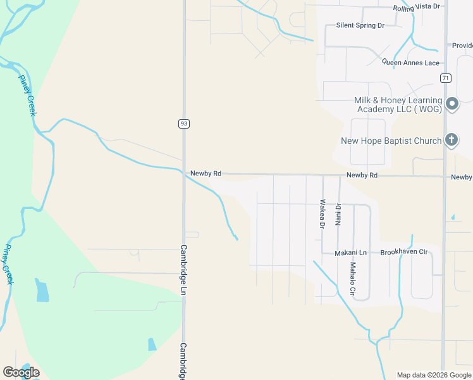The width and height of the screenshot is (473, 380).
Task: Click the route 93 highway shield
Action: click(183, 123)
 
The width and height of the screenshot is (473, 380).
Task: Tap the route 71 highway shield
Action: click(446, 78)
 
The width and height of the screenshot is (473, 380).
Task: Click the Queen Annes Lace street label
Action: click(410, 62)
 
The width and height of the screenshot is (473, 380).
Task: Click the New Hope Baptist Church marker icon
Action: click(451, 140)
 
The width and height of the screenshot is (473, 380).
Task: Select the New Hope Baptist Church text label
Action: click(391, 141)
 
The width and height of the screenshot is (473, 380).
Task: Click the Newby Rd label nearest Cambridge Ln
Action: click(206, 174)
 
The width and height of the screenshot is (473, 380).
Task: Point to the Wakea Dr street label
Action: click(322, 214)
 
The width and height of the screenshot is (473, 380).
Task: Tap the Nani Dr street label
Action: click(338, 214)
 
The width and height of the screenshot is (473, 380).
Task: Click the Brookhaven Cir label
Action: click(404, 252)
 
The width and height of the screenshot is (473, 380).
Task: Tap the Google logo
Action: click(21, 372)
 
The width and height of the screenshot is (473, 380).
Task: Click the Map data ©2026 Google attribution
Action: click(433, 375)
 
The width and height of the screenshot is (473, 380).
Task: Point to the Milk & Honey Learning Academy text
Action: click(398, 104)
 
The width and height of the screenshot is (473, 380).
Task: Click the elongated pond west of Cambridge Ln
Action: click(42, 291)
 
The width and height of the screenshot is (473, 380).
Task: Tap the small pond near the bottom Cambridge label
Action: click(152, 345)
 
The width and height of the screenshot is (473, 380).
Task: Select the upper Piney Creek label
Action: click(27, 95)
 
